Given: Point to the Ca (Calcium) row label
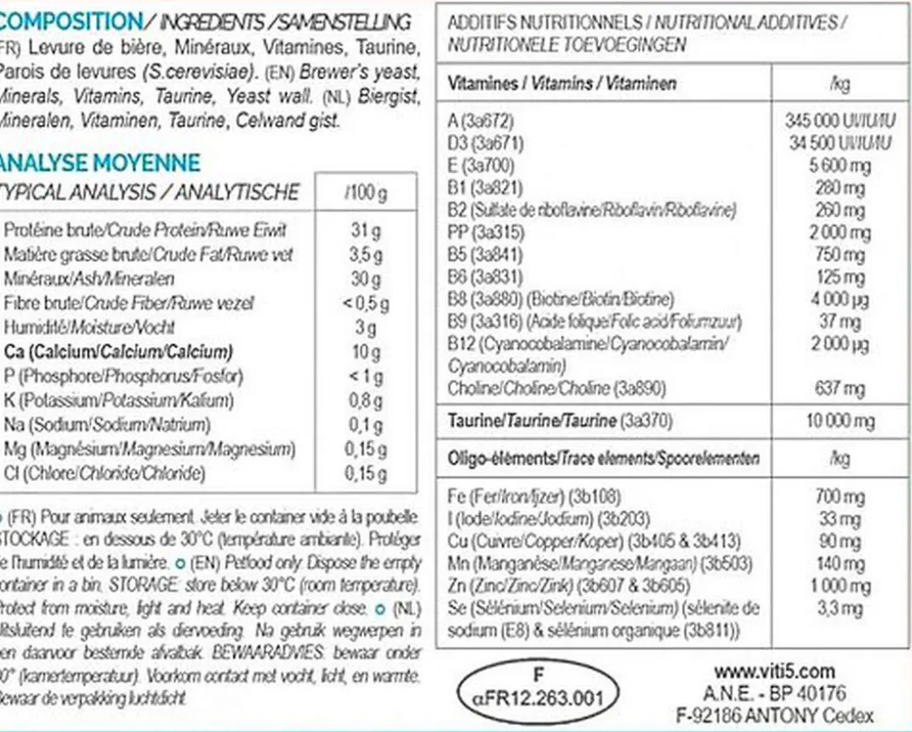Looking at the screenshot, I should coord(118,352).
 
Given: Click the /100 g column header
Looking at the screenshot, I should coord(365,194).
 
